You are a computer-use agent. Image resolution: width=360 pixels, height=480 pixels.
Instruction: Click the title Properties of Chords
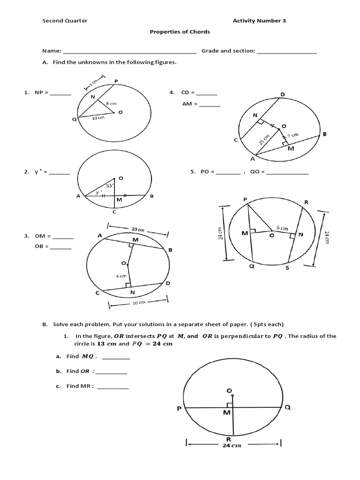pos(180,32)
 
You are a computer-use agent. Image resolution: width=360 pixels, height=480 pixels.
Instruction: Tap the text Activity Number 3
pos(259,21)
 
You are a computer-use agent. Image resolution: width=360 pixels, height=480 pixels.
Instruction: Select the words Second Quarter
pos(65,21)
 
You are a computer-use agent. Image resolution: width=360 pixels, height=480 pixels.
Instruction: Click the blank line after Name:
pos(129,52)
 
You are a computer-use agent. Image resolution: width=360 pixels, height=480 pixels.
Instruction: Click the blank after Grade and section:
pos(287,52)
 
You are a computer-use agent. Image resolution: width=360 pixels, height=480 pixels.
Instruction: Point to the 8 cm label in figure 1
pos(111,103)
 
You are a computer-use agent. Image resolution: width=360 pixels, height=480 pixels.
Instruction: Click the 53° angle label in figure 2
pos(109,186)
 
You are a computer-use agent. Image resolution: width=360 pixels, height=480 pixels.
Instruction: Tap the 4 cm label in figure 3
pos(121,276)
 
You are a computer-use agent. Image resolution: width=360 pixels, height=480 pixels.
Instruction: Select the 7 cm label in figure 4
pos(292,135)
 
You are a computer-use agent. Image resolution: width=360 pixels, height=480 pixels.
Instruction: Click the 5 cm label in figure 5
pos(281,228)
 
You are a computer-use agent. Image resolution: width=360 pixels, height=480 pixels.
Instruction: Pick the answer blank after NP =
pos(60,94)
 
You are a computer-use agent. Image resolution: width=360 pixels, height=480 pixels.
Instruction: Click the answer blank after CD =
pos(207,94)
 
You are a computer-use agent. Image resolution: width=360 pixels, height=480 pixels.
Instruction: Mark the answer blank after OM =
pos(63,237)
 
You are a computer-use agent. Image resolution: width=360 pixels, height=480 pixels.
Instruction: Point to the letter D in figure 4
pos(283,94)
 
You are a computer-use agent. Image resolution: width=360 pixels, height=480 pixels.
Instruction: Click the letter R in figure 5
pos(306,202)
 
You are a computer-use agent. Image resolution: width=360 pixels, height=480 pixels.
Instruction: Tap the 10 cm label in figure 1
pos(98,119)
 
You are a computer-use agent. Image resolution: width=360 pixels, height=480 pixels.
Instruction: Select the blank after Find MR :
pos(113,387)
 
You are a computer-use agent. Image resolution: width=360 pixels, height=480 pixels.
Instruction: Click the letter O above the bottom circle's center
pos(229,390)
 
